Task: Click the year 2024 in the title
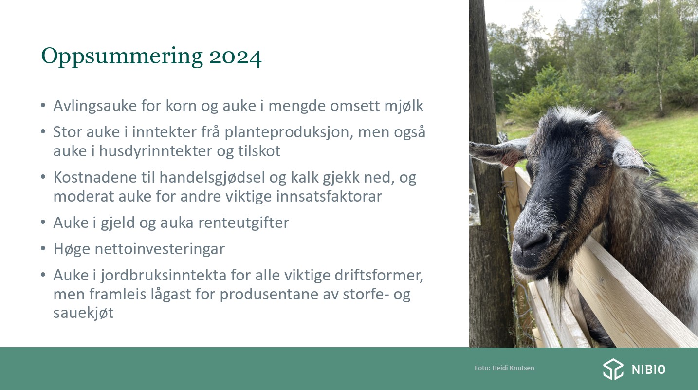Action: (x=235, y=57)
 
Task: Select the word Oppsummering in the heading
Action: (x=122, y=57)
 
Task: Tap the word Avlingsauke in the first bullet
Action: (x=95, y=106)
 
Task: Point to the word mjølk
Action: (x=404, y=106)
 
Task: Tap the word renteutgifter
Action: (x=243, y=223)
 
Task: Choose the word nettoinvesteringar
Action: (x=160, y=249)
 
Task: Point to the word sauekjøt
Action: (x=84, y=313)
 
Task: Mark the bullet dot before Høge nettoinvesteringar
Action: (x=43, y=249)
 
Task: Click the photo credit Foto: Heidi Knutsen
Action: (x=504, y=368)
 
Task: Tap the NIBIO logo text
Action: (x=648, y=370)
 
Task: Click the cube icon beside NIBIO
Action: (x=613, y=370)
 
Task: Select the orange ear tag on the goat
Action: (x=509, y=160)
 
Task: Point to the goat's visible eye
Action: (x=602, y=164)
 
